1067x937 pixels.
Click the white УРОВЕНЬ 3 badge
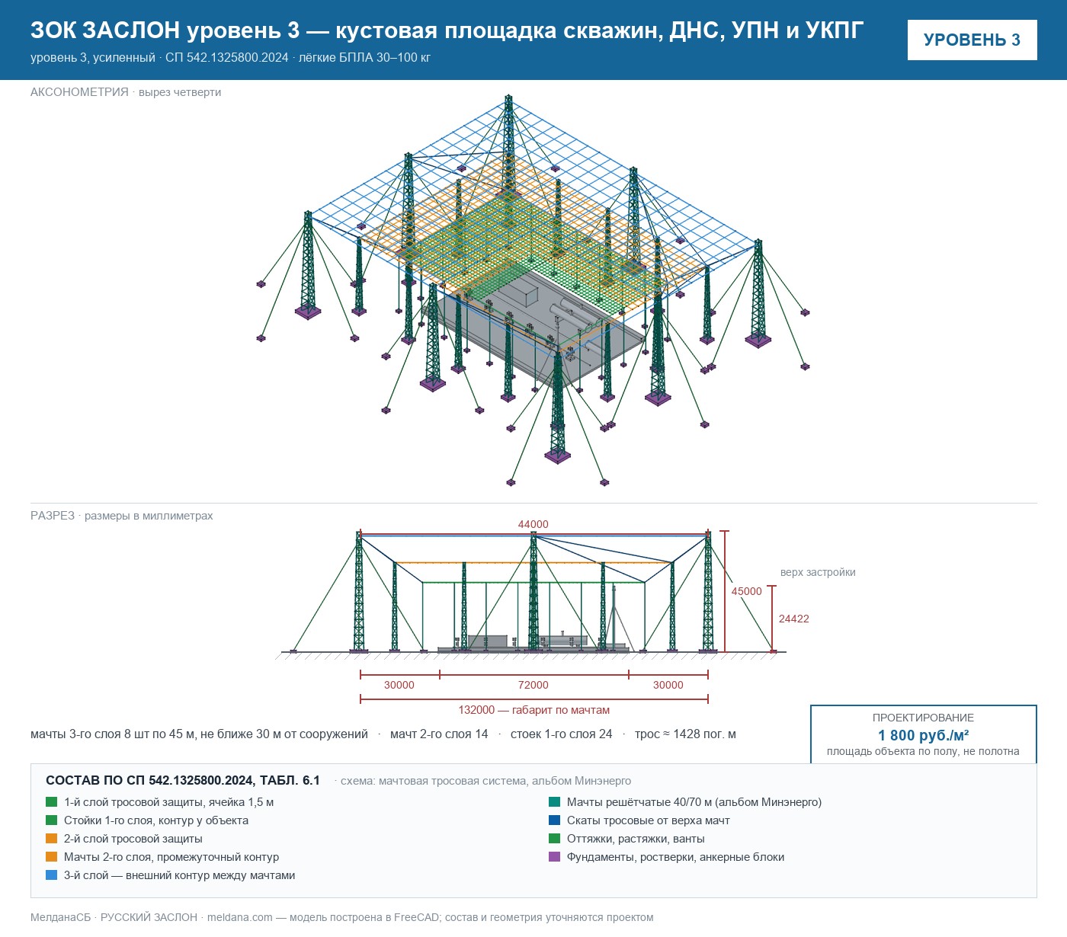(x=972, y=40)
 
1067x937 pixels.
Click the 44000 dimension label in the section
(x=533, y=524)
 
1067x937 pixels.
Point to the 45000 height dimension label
(x=746, y=591)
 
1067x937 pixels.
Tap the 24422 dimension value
(x=793, y=619)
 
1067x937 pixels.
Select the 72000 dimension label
(x=533, y=685)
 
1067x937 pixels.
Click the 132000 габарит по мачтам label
(x=534, y=710)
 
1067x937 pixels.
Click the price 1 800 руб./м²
(x=923, y=735)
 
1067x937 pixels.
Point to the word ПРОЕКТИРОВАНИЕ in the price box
(x=923, y=718)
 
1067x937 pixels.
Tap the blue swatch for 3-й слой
(x=52, y=875)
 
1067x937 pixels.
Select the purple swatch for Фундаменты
(x=554, y=857)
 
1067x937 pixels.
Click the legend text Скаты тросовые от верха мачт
(x=649, y=820)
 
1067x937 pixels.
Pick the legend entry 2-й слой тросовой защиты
(x=133, y=839)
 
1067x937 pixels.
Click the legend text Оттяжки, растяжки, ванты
(x=636, y=839)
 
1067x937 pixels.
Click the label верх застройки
(x=818, y=572)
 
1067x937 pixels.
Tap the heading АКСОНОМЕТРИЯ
(x=79, y=92)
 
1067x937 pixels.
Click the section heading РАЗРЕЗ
(x=53, y=516)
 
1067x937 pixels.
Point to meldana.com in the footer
(x=239, y=917)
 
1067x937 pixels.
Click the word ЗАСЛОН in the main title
(x=131, y=30)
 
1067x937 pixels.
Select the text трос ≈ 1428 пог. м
(x=685, y=734)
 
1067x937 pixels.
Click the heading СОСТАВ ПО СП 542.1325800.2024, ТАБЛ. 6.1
(x=183, y=781)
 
